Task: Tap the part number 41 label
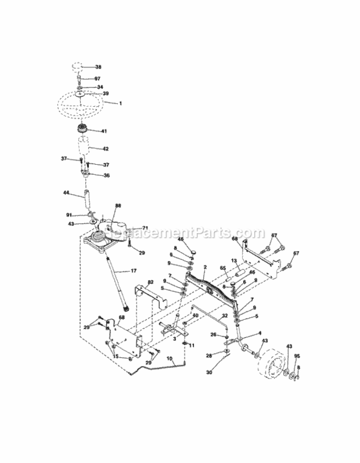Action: click(104, 131)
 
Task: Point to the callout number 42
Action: click(105, 149)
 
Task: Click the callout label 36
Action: click(106, 175)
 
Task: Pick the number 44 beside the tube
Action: click(65, 193)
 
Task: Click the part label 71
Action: click(146, 228)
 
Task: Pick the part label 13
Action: click(234, 261)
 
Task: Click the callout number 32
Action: click(225, 315)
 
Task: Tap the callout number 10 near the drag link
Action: click(170, 358)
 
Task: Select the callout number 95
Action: click(297, 356)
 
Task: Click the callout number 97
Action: click(98, 79)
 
